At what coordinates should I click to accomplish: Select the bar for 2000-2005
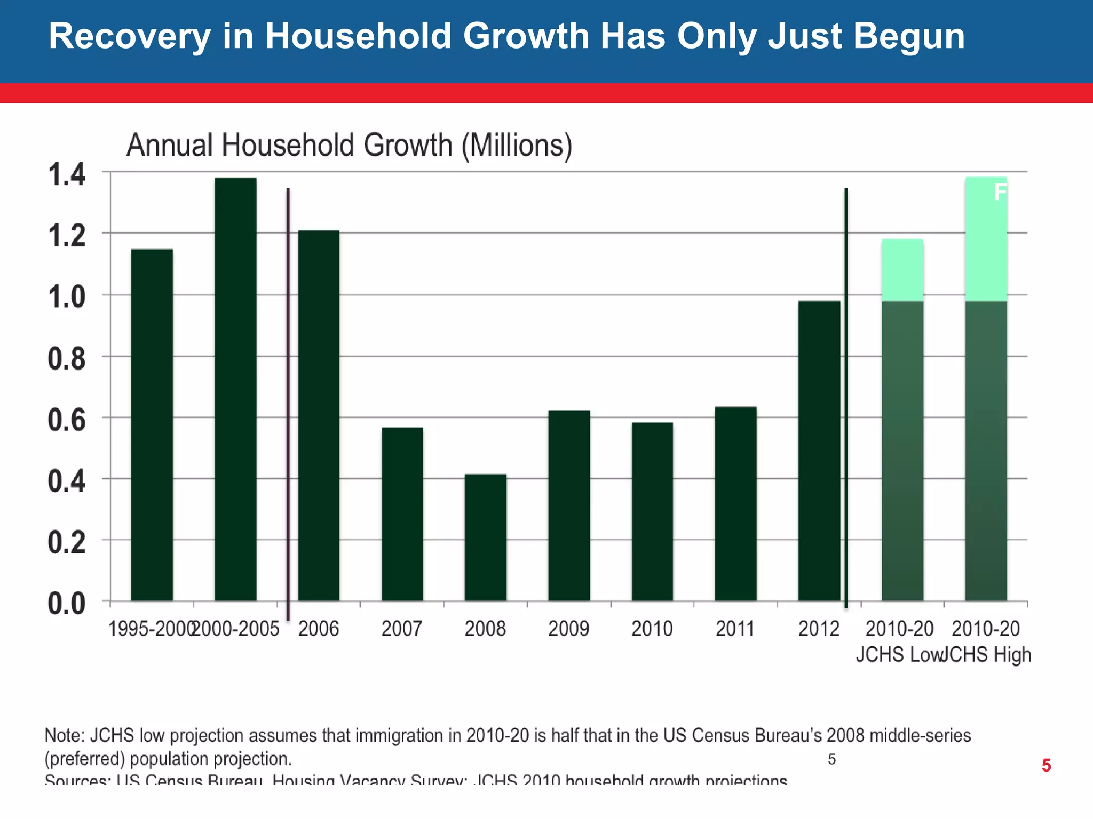(235, 389)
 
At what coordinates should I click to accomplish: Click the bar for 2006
(319, 416)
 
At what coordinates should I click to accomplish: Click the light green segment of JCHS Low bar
(902, 270)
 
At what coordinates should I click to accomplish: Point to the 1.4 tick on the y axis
(67, 174)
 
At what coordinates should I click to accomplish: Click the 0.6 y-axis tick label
(67, 420)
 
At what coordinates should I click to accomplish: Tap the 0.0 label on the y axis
(67, 604)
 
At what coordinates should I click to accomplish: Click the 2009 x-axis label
(568, 629)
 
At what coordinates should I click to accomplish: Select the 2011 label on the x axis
(735, 629)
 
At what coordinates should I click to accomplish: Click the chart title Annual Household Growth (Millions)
(349, 145)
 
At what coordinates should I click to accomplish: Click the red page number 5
(1046, 766)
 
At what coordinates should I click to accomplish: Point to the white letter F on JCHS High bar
(1000, 192)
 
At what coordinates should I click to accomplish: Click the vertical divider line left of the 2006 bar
(288, 405)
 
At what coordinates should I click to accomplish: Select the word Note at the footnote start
(64, 735)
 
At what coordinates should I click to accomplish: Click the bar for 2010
(652, 512)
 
